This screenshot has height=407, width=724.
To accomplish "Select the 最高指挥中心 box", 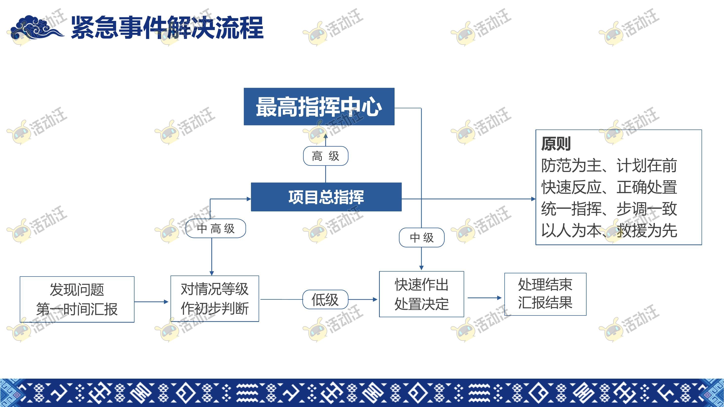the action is [319, 107].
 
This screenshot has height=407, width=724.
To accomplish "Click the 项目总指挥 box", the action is [326, 197].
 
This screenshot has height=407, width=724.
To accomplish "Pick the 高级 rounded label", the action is [325, 156].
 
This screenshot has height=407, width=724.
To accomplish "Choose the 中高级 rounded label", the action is [216, 228].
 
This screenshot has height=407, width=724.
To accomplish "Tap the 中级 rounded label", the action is [421, 238].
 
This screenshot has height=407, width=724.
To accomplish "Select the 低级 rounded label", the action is [325, 299].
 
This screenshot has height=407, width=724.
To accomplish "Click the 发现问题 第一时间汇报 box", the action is [77, 299].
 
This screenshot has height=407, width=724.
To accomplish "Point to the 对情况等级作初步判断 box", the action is [215, 298].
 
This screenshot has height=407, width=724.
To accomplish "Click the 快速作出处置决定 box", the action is [421, 294].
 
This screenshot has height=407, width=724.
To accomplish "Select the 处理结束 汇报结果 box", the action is [545, 294].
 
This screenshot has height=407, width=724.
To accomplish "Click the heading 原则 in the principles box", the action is [556, 144].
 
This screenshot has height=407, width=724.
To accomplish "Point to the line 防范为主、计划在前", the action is [609, 165].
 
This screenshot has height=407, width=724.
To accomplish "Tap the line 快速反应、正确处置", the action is [609, 187].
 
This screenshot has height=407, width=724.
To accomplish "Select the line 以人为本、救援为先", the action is [609, 231].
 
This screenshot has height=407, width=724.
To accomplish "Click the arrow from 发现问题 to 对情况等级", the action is [151, 302].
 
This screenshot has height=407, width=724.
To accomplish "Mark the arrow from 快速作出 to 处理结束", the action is [485, 298].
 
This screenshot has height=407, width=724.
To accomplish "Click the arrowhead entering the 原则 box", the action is [533, 199].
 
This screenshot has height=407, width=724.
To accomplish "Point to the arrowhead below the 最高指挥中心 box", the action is [325, 136].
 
